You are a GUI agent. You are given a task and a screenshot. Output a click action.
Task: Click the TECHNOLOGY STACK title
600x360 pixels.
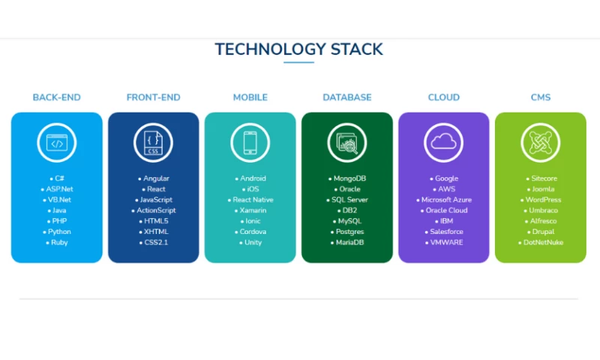coord(298,49)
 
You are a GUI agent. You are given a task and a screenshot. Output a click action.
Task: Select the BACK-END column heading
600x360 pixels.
coord(56,97)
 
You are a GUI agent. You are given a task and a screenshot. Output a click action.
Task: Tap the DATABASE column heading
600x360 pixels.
coord(346,97)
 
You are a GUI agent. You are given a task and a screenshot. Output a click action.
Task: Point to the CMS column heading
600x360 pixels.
coord(540,97)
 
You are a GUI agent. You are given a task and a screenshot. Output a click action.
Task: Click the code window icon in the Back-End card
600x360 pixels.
coord(56,142)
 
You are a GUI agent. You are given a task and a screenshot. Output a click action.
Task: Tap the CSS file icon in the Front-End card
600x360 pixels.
coord(153,142)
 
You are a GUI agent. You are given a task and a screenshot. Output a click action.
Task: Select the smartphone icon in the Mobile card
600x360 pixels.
coord(250,142)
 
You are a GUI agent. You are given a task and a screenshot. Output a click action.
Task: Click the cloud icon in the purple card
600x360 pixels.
coord(443,142)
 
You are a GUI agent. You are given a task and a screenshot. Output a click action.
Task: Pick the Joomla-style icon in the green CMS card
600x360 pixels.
coord(540,142)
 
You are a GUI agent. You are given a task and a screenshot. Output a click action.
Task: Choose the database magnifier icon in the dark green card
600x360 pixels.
coord(346,142)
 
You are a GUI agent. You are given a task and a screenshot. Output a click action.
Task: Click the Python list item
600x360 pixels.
coord(59,232)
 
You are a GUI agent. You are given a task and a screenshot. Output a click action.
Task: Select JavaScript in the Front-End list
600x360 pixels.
coord(156,200)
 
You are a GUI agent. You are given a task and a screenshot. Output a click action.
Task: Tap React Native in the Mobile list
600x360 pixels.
coord(253,200)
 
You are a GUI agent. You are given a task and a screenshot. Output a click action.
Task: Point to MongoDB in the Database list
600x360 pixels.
coord(349,179)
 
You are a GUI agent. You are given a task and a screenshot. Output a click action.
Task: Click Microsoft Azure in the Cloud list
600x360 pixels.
coord(446,200)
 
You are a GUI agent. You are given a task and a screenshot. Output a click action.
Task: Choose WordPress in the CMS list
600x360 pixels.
coord(543,200)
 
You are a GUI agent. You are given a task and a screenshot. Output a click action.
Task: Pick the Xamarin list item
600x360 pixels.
coord(253,211)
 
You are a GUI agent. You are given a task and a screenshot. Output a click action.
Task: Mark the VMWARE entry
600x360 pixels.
coord(446,242)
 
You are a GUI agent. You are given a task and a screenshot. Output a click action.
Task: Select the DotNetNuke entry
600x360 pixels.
coord(543,242)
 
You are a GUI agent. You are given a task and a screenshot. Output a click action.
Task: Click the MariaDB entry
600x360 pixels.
coord(349,242)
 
